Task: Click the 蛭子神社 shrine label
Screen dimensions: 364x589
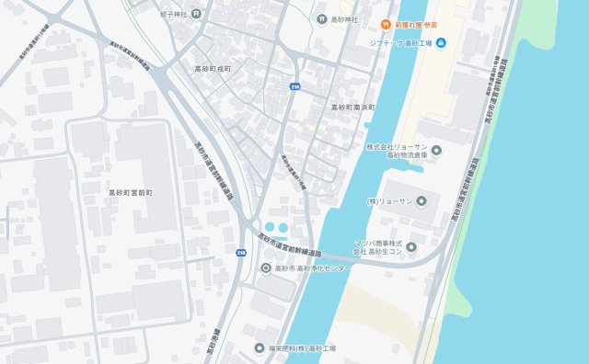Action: click(x=173, y=15)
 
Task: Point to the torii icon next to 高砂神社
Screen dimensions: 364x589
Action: click(x=321, y=19)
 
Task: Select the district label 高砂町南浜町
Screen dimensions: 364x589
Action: click(x=354, y=108)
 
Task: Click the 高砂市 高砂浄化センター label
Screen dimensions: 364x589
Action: click(x=311, y=268)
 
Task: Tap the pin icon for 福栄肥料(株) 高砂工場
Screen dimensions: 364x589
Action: click(x=260, y=349)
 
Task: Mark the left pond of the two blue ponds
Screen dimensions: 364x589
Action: click(x=270, y=227)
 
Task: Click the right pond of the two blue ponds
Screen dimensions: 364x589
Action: click(x=283, y=227)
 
